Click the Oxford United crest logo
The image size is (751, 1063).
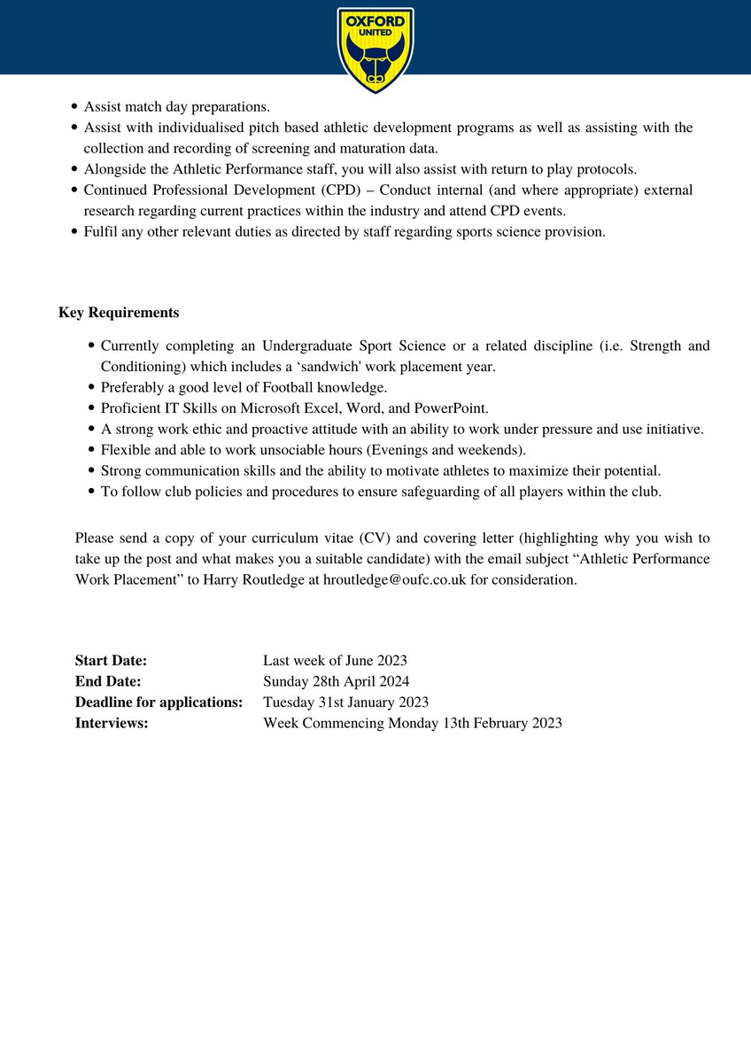pos(375,50)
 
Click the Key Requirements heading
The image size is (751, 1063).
pos(119,313)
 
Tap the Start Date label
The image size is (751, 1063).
pos(111,661)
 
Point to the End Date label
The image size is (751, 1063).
pos(108,681)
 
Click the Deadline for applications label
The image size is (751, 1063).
pos(159,702)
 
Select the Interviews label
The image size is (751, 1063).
pos(112,723)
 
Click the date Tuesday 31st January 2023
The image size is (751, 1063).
pos(345,702)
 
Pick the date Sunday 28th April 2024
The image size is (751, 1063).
pos(336,681)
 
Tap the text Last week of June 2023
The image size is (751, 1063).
pos(335,661)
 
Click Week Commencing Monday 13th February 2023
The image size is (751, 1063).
pos(412,723)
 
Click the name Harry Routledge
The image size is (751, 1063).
pos(254,580)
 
